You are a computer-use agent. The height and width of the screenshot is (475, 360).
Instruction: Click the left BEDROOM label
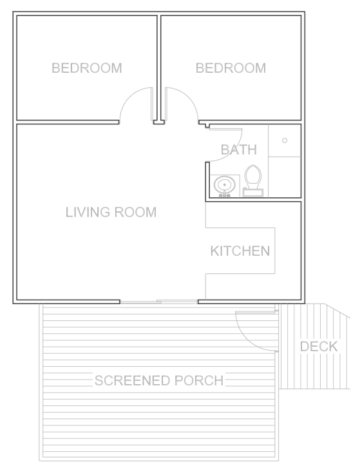[x=87, y=68]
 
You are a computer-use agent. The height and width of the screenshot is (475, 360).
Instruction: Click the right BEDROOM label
[x=231, y=68]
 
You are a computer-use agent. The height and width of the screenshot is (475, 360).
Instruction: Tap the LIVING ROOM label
[x=111, y=212]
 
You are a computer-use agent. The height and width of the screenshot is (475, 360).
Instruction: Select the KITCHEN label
[x=240, y=251]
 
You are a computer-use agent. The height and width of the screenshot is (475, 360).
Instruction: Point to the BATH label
[x=239, y=150]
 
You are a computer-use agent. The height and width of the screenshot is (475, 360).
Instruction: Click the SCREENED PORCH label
[x=159, y=380]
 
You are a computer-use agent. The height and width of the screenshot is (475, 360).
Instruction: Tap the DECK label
[x=319, y=347]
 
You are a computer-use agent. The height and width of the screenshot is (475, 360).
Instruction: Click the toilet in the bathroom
[x=253, y=181]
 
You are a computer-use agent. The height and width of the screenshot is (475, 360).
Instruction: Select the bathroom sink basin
[x=224, y=184]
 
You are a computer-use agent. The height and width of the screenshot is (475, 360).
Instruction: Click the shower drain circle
[x=285, y=141]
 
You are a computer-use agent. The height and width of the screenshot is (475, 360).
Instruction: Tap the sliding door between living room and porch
[x=159, y=302]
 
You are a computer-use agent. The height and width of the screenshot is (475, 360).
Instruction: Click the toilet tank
[x=253, y=192]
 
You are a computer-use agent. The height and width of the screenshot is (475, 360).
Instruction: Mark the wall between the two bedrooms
[x=158, y=68]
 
